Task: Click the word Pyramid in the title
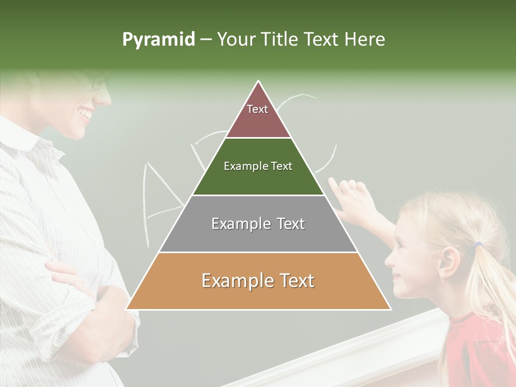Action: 159,40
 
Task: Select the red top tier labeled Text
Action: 258,116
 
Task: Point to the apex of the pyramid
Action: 259,82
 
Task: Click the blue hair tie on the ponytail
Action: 478,245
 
